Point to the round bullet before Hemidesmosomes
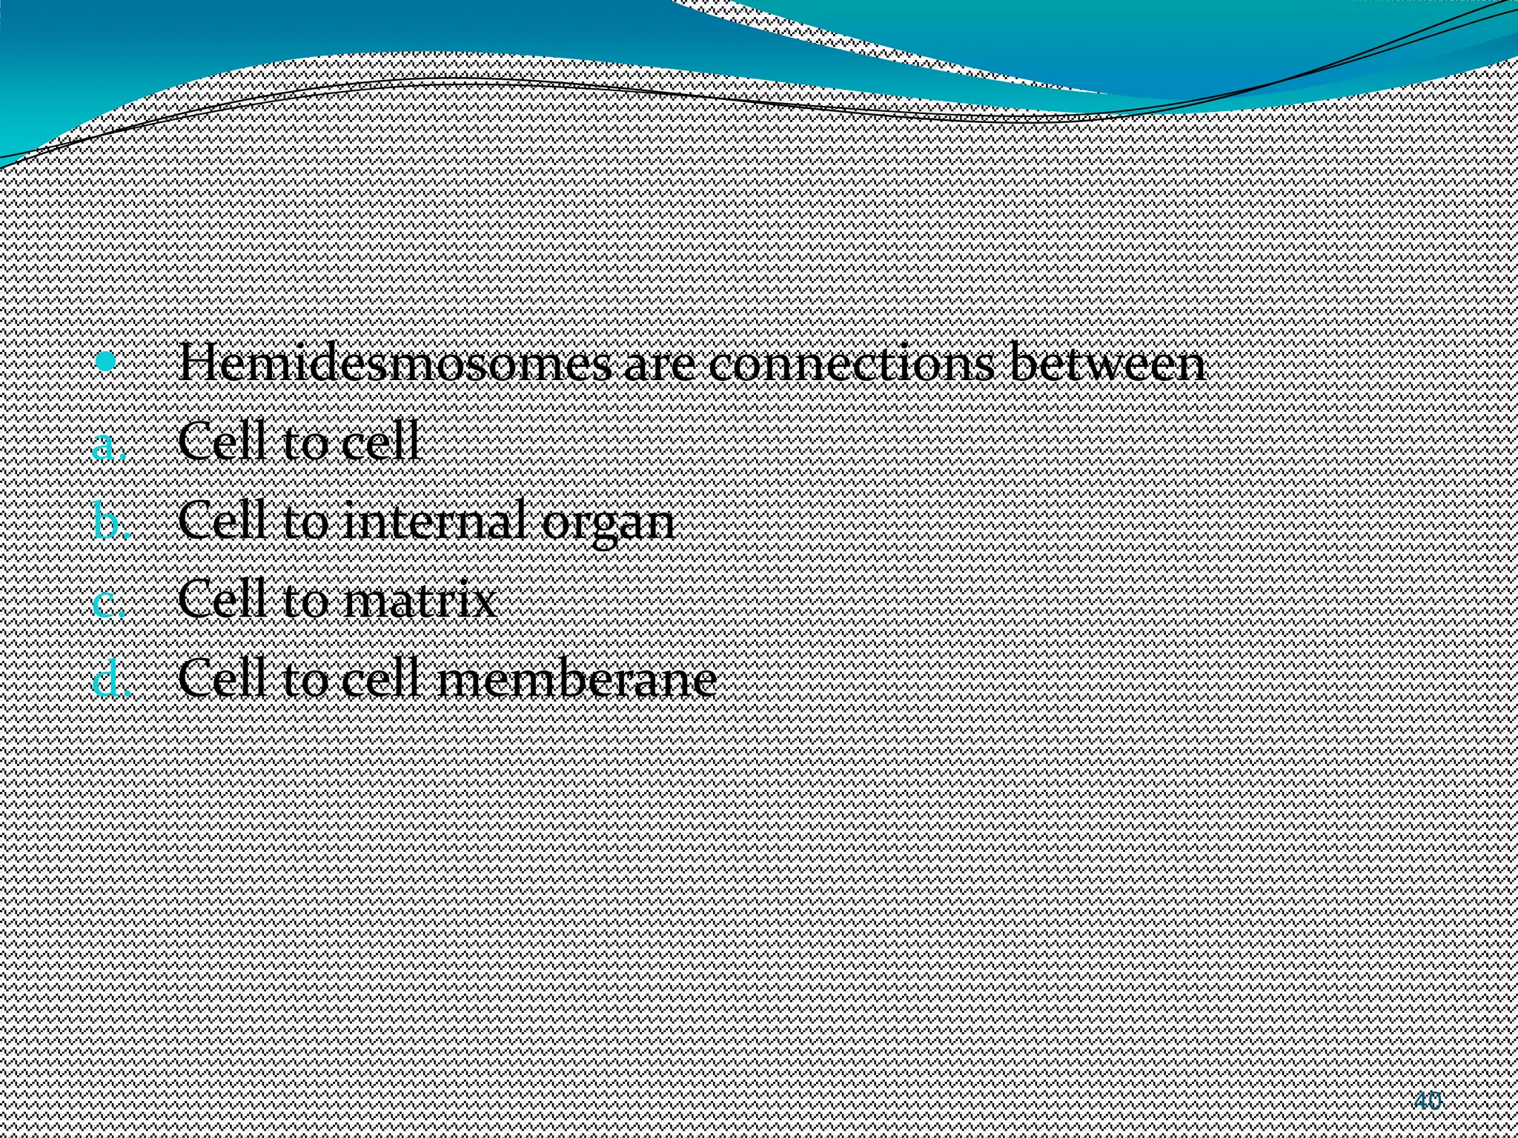pyautogui.click(x=107, y=362)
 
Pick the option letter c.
pyautogui.click(x=108, y=602)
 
